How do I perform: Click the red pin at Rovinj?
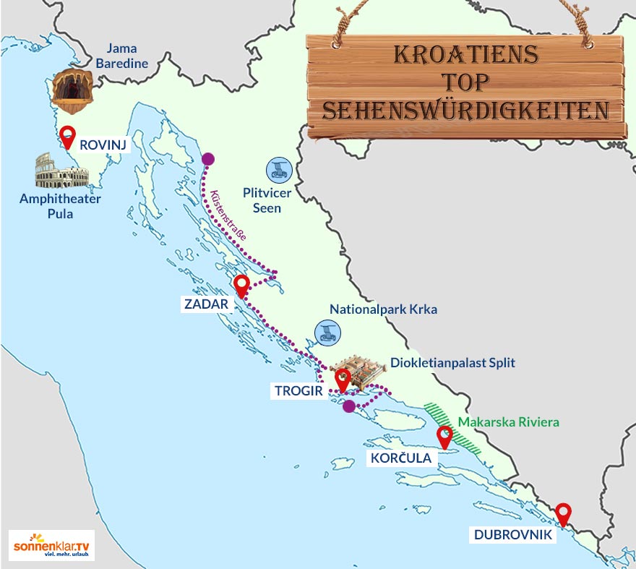[x=68, y=135]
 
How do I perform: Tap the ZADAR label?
[x=205, y=304]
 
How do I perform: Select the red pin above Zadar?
[x=242, y=286]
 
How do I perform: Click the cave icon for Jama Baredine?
[x=73, y=92]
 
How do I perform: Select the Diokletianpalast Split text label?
[x=452, y=362]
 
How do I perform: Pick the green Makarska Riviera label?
[x=509, y=422]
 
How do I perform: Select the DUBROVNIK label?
[x=514, y=535]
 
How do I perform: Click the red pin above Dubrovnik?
[x=562, y=513]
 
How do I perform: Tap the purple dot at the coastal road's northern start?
[x=207, y=159]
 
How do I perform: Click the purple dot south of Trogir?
[x=349, y=406]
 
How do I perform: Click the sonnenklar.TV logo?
[x=51, y=544]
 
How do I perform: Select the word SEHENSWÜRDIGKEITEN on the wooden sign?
[x=465, y=111]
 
